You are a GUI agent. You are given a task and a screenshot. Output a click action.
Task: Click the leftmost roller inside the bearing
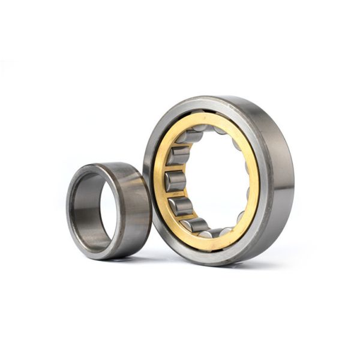175,181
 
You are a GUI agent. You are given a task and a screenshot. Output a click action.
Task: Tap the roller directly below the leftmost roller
181,205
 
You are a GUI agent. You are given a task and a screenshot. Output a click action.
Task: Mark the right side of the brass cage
255,180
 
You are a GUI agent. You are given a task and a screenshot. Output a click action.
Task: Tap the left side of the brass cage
158,181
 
